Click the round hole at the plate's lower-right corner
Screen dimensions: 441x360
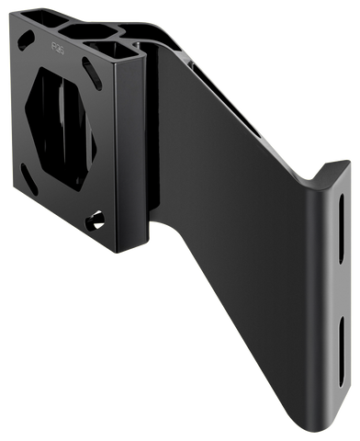[95, 221]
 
